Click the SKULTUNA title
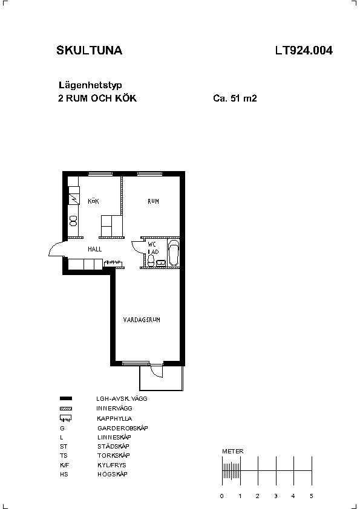[90, 50]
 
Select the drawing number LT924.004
[304, 50]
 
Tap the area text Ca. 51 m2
[235, 98]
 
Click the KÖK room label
[93, 201]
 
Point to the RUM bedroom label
[153, 201]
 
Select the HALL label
[94, 249]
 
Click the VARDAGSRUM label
[142, 320]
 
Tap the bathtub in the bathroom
[174, 253]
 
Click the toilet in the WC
[151, 261]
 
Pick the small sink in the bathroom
[161, 263]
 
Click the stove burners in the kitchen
[74, 221]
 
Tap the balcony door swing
[157, 371]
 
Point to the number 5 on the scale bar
[311, 496]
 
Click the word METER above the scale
[232, 451]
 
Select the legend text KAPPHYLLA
[114, 418]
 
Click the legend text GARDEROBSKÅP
[122, 428]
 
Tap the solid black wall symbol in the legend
[66, 398]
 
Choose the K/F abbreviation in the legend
[64, 465]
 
